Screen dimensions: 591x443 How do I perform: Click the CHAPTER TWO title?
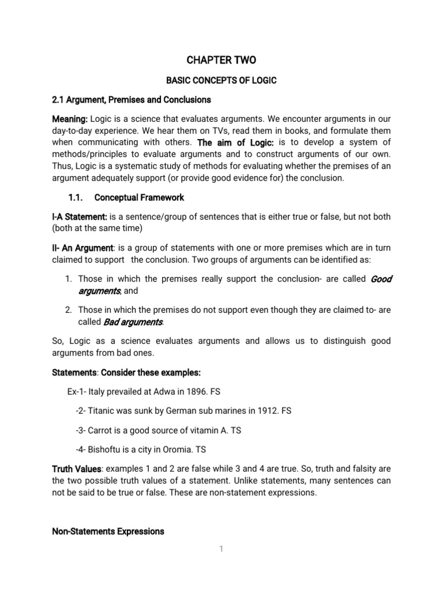click(x=221, y=60)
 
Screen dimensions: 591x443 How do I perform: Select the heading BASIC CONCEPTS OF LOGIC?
click(x=221, y=80)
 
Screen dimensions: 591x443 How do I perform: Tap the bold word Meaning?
click(x=70, y=119)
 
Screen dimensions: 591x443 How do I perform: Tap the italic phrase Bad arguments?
click(x=133, y=321)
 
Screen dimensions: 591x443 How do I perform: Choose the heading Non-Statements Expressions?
click(x=108, y=531)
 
